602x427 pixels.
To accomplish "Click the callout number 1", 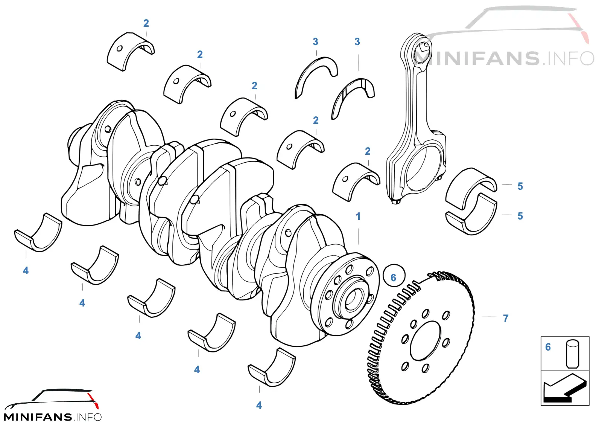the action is (x=358, y=217).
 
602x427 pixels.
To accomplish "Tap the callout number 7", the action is (x=506, y=319).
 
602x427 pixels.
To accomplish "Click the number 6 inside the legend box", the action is (x=548, y=347).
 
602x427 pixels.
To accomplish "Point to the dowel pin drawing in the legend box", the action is (x=572, y=354).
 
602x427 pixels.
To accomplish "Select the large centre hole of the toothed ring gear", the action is (x=426, y=341).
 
